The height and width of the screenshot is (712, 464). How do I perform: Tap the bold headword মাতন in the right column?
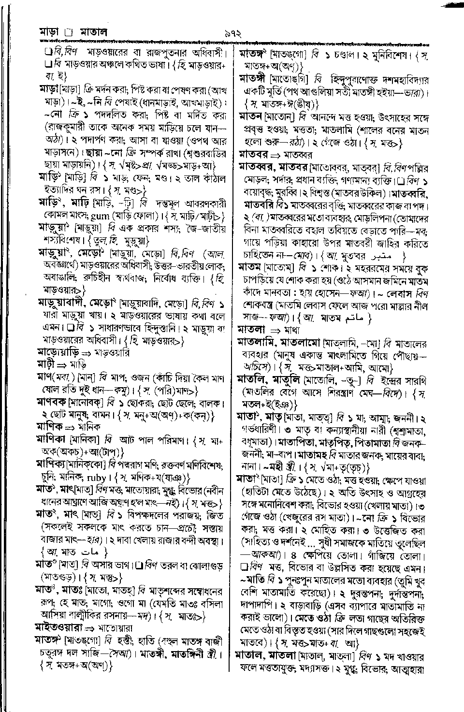pos(251,117)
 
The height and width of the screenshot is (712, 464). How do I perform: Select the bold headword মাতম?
pos(250,266)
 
